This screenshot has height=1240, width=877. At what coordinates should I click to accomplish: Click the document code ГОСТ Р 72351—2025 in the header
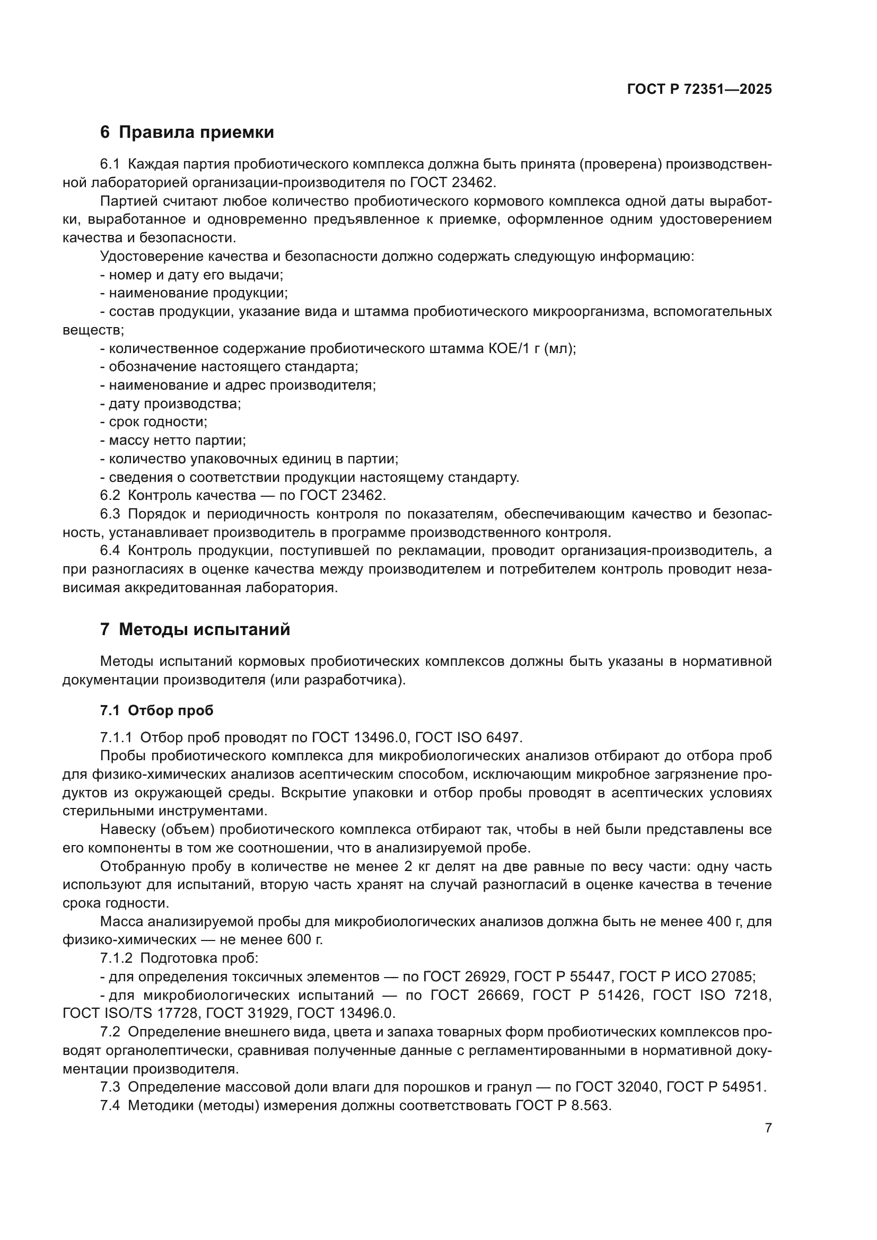click(699, 89)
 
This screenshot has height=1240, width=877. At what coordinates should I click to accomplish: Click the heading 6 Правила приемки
click(187, 132)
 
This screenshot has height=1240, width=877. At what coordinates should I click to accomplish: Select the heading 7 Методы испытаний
click(195, 629)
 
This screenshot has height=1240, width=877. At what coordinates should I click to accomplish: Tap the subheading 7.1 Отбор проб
click(156, 710)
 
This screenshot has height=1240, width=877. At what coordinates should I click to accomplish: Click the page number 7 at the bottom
click(768, 1128)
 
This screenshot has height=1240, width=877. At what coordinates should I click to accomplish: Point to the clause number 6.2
click(110, 495)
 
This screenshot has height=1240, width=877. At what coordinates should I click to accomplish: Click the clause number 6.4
click(110, 550)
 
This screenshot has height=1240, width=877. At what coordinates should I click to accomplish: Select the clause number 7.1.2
click(116, 958)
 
